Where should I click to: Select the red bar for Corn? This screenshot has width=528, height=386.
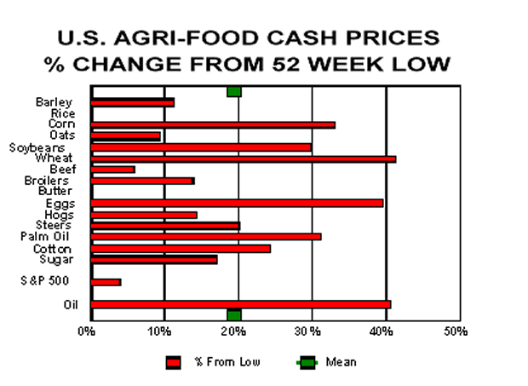213,124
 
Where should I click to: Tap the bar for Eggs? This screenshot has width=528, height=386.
237,203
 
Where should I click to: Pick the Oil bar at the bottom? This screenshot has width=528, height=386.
240,304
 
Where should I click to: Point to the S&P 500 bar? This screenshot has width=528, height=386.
106,281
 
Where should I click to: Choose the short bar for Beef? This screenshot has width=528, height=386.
112,170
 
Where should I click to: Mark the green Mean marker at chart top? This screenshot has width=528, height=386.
234,91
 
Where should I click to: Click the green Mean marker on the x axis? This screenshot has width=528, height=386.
234,315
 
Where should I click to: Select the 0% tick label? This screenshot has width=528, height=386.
87,331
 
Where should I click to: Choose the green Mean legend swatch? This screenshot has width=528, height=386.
306,362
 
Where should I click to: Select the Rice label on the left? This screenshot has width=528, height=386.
62,113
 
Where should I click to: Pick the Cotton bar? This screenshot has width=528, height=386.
181,248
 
